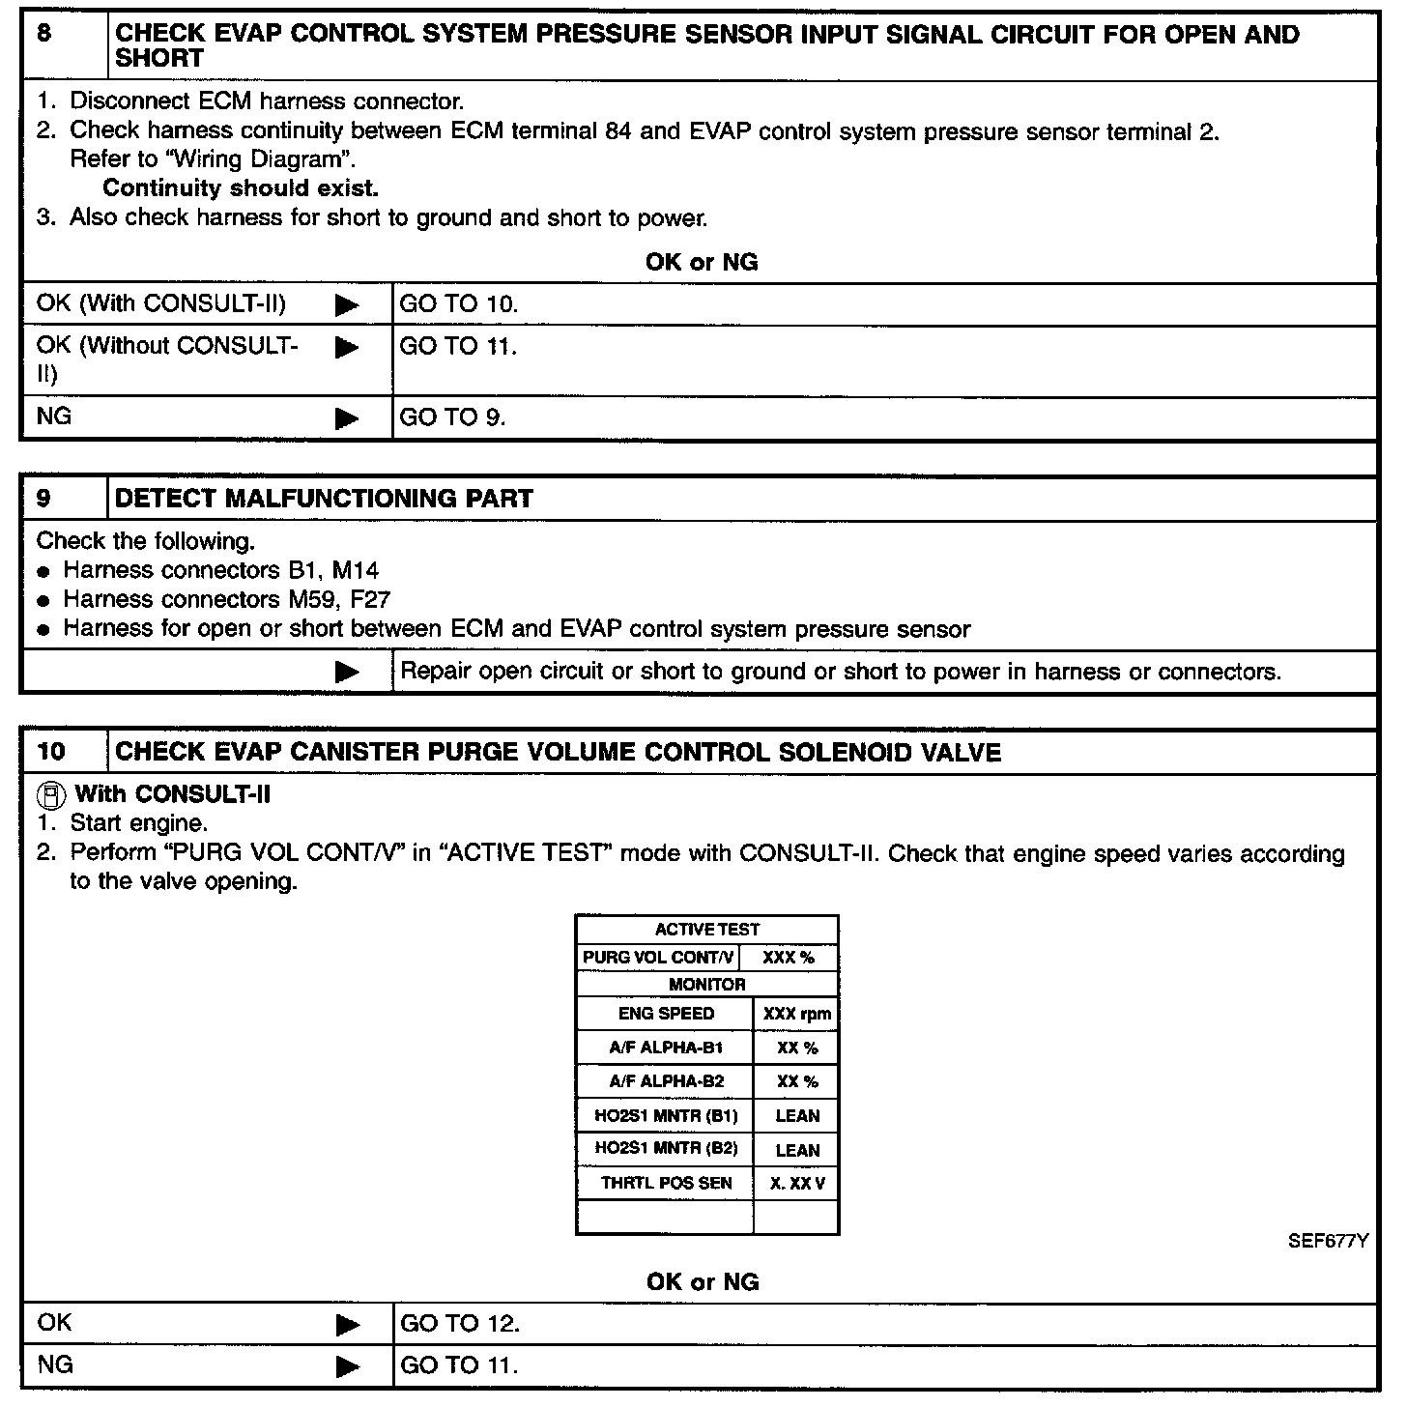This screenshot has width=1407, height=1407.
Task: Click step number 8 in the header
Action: click(x=43, y=33)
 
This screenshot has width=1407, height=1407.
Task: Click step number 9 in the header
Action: click(x=43, y=499)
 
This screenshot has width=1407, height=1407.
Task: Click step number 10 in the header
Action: click(x=50, y=752)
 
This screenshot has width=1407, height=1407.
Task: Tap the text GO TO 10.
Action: click(x=459, y=304)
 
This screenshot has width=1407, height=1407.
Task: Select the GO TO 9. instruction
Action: click(x=452, y=417)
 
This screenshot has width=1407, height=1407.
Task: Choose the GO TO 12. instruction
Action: click(x=460, y=1324)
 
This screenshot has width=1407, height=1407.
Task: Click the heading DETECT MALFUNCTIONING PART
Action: click(x=324, y=499)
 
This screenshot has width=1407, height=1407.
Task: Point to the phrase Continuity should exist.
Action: click(x=241, y=187)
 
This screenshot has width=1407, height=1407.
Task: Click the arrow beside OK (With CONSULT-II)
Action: click(x=347, y=305)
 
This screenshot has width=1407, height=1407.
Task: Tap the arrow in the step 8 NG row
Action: click(x=347, y=418)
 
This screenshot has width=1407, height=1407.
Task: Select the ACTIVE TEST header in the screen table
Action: click(x=707, y=930)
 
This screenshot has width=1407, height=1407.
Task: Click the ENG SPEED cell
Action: click(x=666, y=1014)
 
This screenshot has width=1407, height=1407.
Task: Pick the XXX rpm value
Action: click(x=796, y=1015)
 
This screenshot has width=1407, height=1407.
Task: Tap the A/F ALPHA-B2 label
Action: click(x=666, y=1081)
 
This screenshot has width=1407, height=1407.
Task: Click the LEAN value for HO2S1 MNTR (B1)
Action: click(x=797, y=1116)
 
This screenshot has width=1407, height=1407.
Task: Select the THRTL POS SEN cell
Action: click(x=666, y=1183)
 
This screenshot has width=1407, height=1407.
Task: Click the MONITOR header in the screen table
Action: click(x=707, y=985)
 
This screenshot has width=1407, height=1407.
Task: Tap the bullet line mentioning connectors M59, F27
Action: click(x=226, y=599)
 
